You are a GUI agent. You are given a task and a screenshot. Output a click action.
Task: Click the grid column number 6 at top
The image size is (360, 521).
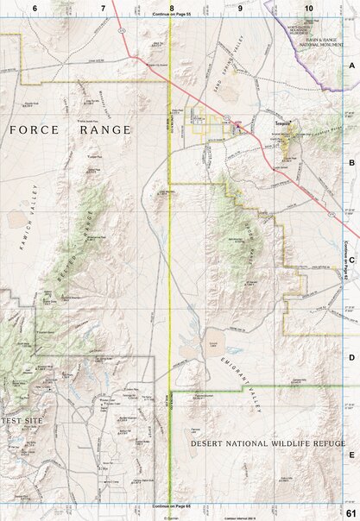(35, 7)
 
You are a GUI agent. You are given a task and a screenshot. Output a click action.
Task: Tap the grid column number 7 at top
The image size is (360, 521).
(103, 7)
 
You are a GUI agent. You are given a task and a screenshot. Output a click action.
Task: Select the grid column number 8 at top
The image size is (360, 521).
(172, 7)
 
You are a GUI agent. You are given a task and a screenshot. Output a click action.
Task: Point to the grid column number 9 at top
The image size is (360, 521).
(240, 7)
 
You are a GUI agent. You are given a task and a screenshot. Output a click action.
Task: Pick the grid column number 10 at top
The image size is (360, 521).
(308, 7)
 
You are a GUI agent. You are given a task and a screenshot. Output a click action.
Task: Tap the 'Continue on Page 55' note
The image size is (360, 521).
(171, 16)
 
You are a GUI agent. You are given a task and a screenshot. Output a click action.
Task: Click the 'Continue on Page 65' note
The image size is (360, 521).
(171, 505)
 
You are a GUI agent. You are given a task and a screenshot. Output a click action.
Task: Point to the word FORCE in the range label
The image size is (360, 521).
(35, 130)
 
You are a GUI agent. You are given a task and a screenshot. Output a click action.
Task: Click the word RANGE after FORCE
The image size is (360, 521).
(103, 130)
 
